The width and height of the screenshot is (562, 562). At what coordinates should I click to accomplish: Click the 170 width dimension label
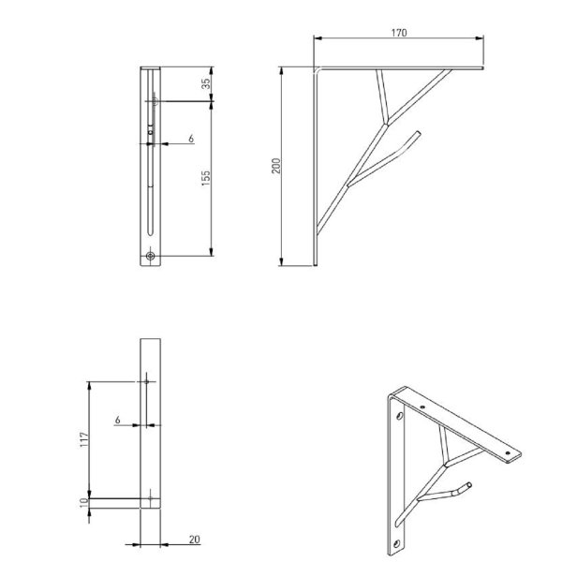(x=399, y=32)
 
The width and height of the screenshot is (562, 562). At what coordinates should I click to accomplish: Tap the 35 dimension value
(x=206, y=82)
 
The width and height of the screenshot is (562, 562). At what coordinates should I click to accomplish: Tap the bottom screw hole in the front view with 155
(x=151, y=255)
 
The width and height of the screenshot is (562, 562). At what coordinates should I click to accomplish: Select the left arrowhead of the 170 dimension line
(x=316, y=39)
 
